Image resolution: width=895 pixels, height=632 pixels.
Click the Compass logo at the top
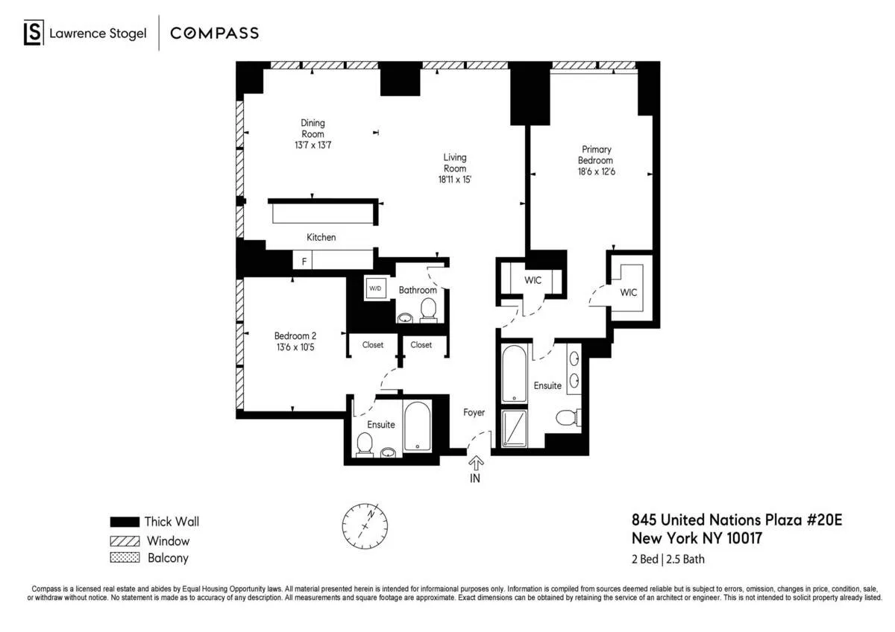click(214, 33)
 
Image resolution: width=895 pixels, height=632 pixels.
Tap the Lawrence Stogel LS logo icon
click(32, 33)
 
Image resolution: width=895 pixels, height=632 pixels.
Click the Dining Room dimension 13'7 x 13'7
click(313, 145)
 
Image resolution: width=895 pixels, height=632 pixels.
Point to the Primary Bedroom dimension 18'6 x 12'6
click(595, 171)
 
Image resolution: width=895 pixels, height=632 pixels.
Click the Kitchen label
click(321, 237)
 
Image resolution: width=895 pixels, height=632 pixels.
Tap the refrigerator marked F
click(304, 261)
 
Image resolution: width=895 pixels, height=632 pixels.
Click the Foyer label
click(474, 412)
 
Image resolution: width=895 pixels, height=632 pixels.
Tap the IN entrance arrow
click(474, 465)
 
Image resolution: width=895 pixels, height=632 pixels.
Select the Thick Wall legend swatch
click(124, 522)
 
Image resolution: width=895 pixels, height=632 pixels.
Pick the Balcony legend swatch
click(124, 557)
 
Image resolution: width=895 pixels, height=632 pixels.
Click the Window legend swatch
click(124, 540)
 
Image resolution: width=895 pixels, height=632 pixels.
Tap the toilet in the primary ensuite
click(568, 418)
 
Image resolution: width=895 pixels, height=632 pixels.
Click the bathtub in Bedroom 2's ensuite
click(417, 427)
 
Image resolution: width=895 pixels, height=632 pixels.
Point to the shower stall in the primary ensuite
click(513, 429)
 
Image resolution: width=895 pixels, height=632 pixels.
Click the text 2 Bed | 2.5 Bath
click(668, 559)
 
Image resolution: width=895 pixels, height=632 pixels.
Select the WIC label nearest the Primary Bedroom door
click(629, 292)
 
